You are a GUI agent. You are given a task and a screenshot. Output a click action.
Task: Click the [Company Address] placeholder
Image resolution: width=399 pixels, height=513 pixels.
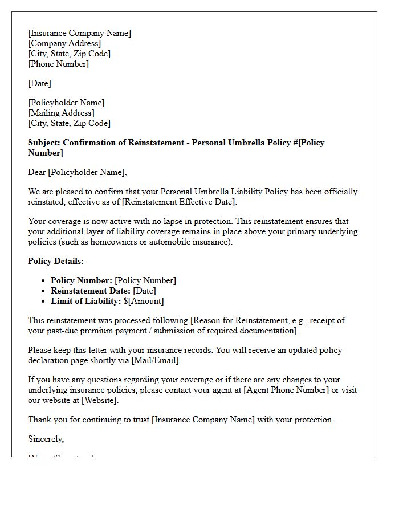(x=64, y=43)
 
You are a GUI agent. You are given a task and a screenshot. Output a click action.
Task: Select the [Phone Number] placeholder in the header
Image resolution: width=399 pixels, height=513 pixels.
(x=58, y=64)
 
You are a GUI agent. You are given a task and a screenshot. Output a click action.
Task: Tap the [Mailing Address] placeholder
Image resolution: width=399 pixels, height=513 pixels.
(x=61, y=113)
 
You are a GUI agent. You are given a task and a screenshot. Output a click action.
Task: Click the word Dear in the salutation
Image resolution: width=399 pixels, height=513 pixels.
(x=37, y=172)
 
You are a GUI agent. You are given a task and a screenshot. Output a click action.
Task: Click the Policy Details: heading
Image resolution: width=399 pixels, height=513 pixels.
(x=56, y=261)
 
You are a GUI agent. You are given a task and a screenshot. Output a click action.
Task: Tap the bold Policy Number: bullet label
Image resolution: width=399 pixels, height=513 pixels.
(x=82, y=280)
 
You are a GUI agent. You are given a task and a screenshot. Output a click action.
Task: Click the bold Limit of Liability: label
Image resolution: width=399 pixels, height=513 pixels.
(x=86, y=301)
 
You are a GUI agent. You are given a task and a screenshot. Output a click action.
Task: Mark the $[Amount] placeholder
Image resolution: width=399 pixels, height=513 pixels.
(x=144, y=301)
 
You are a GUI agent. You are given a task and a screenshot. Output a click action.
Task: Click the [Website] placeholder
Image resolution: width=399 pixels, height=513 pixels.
(x=100, y=400)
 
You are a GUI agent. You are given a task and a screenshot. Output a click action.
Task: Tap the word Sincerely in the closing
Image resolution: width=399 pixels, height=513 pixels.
(x=46, y=439)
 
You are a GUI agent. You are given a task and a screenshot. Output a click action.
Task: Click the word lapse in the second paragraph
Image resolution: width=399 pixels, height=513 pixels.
(x=173, y=221)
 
